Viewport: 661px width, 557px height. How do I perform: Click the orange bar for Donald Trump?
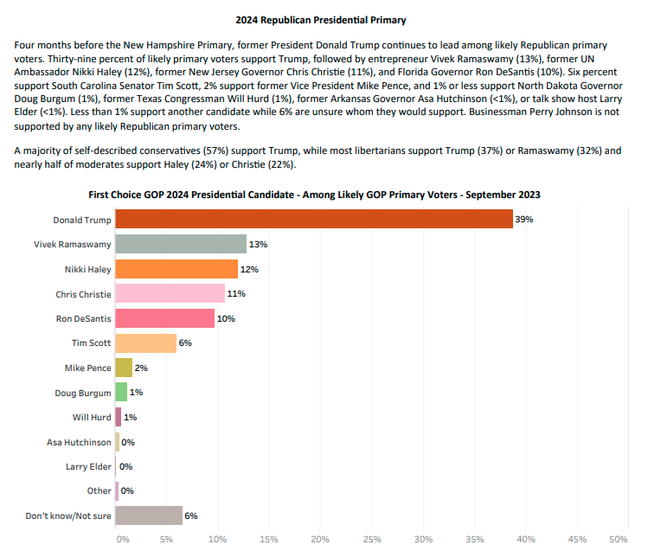313,220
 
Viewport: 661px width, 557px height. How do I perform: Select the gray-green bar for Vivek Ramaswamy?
180,244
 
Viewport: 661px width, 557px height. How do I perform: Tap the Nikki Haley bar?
176,269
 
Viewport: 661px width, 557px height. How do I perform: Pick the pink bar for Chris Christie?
170,293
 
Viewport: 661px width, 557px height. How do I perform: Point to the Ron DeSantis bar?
164,318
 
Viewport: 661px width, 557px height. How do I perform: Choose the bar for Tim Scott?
145,343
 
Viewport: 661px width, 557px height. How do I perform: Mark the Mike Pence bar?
124,368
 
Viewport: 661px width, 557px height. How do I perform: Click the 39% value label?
524,220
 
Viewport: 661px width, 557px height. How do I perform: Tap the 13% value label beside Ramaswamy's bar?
258,244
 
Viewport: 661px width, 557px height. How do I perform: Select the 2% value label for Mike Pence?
140,368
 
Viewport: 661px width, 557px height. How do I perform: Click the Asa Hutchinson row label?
79,442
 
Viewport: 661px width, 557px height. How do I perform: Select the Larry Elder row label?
88,466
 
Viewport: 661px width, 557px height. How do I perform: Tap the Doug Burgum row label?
82,393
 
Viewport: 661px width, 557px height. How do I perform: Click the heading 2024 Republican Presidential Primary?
321,19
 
